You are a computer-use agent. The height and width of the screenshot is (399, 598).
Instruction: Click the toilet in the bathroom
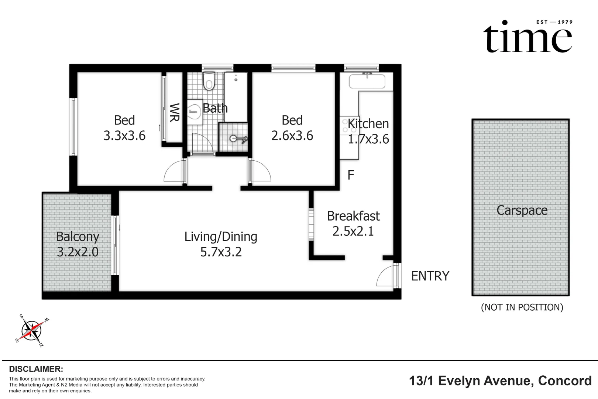click(x=209, y=81)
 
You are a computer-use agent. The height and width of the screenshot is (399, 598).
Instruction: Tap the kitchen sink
click(x=367, y=81)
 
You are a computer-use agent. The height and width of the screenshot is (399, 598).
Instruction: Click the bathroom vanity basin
click(x=194, y=112)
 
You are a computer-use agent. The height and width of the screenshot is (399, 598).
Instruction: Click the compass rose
click(x=32, y=331)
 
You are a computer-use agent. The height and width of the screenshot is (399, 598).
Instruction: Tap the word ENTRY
click(x=430, y=276)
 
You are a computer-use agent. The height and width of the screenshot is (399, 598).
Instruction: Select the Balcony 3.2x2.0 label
click(x=78, y=244)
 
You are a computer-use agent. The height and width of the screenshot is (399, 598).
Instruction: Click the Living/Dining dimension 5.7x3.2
click(x=221, y=252)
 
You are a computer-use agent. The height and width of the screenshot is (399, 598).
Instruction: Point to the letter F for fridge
click(x=351, y=175)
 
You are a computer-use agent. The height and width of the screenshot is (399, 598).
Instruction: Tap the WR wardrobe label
click(x=175, y=113)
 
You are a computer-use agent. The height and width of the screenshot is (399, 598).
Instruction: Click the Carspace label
click(x=522, y=211)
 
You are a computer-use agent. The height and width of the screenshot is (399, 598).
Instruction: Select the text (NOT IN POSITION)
click(x=522, y=307)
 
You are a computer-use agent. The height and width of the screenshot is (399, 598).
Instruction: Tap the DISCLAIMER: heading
click(x=36, y=369)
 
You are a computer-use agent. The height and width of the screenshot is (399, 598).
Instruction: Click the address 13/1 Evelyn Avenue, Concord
click(x=500, y=381)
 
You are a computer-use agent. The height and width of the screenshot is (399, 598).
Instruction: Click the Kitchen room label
click(x=368, y=124)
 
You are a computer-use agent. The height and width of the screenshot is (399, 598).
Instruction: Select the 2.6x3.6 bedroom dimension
click(x=292, y=136)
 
